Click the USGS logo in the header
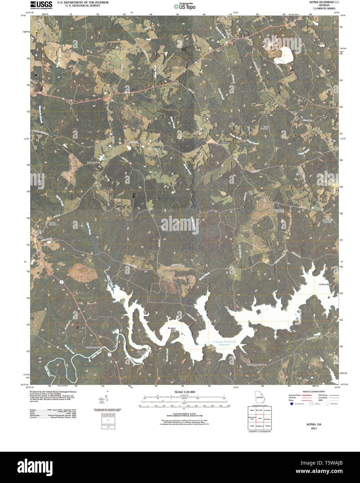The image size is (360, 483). (x=41, y=5)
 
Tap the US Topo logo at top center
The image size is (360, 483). (x=185, y=6)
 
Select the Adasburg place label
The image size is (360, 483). (x=225, y=143)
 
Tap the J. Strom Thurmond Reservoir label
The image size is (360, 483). (x=224, y=343)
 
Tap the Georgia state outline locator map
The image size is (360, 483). (x=259, y=396)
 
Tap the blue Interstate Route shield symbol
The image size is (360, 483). (x=291, y=403)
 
